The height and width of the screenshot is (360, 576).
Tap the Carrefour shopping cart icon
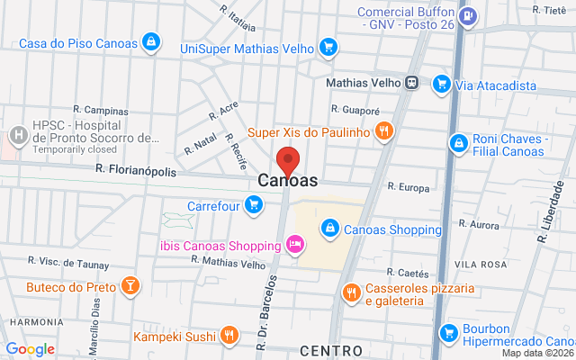tap(254, 205)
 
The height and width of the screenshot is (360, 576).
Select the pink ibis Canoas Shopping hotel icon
tap(293, 243)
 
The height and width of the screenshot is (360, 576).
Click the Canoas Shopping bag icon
tap(330, 227)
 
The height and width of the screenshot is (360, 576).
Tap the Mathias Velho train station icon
tap(412, 82)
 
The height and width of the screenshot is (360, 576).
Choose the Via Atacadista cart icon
tap(441, 85)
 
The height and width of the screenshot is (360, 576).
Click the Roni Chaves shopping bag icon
tap(458, 142)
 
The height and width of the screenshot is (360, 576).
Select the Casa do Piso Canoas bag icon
tap(152, 41)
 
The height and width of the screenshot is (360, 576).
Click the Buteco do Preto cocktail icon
tap(130, 286)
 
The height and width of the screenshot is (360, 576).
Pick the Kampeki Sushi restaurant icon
tap(229, 336)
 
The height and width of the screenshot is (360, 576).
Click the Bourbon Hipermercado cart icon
tap(447, 333)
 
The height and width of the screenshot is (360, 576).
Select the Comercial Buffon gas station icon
tap(467, 16)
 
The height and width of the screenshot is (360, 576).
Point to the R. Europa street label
tap(409, 187)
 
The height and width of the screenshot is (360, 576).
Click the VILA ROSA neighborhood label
tap(481, 263)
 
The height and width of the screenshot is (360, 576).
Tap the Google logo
tap(30, 348)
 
